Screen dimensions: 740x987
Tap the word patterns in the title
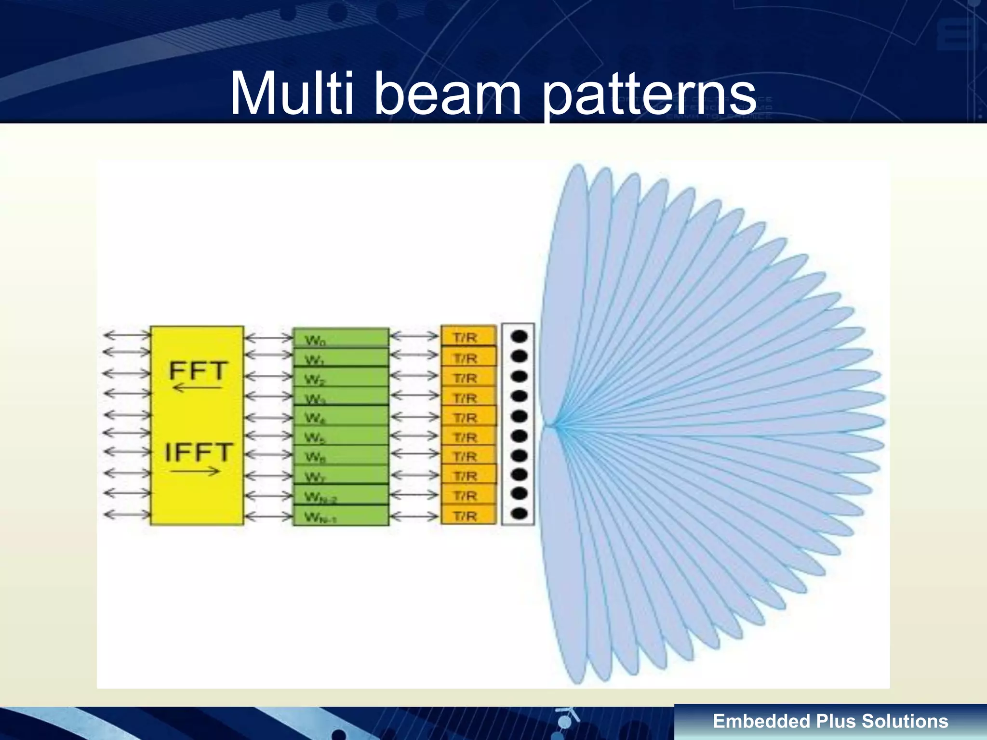coord(650,94)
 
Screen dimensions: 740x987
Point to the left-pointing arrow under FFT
coord(197,388)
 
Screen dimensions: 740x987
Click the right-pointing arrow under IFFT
coord(195,471)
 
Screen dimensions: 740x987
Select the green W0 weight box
coord(341,338)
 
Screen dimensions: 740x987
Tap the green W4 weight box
coord(341,417)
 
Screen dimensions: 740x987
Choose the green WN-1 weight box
coord(341,516)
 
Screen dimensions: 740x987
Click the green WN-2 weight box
coord(341,495)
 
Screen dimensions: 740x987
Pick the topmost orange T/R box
coord(468,336)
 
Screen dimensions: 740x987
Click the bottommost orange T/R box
coord(468,515)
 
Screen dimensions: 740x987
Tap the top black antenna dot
coord(519,336)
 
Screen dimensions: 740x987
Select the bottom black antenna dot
coord(519,514)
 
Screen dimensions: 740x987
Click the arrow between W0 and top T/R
coord(414,336)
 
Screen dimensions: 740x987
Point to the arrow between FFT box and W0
coord(268,338)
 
